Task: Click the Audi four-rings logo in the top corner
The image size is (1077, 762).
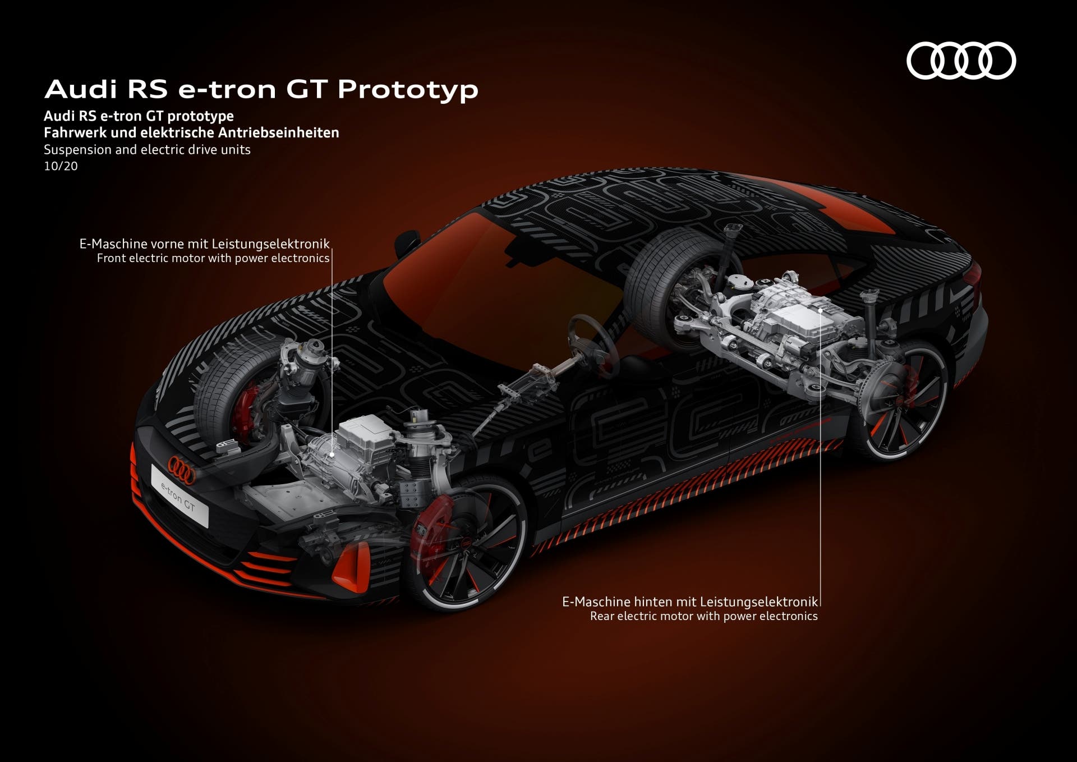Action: coord(961,60)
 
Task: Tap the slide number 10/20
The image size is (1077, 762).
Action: coord(61,166)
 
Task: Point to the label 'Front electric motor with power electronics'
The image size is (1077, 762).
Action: coord(213,258)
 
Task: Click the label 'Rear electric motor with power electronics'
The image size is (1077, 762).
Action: coord(703,616)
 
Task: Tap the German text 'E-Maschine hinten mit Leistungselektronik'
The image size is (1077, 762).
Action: coord(690,602)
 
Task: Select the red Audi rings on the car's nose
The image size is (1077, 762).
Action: coord(181,470)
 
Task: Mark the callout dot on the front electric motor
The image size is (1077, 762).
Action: coord(332,455)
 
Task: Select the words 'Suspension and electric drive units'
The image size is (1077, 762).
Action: coord(147,150)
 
